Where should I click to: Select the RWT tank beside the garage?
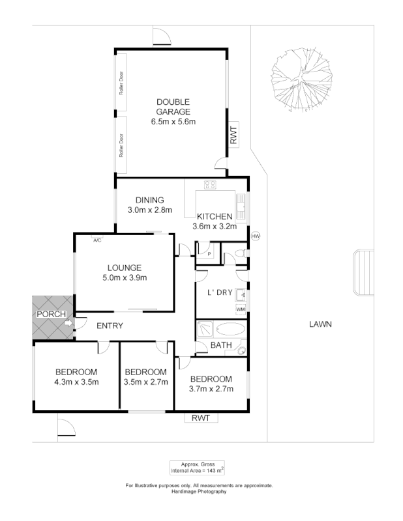233,136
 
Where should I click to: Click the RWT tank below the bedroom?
200,418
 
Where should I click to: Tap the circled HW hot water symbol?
255,236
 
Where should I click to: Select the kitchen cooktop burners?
210,185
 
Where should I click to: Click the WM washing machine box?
240,309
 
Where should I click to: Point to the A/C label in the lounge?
97,240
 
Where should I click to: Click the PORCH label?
51,314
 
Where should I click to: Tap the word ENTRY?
110,326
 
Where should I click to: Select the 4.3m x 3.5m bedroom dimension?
76,382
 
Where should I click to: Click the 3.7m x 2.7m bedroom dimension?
211,389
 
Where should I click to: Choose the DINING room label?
149,200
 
